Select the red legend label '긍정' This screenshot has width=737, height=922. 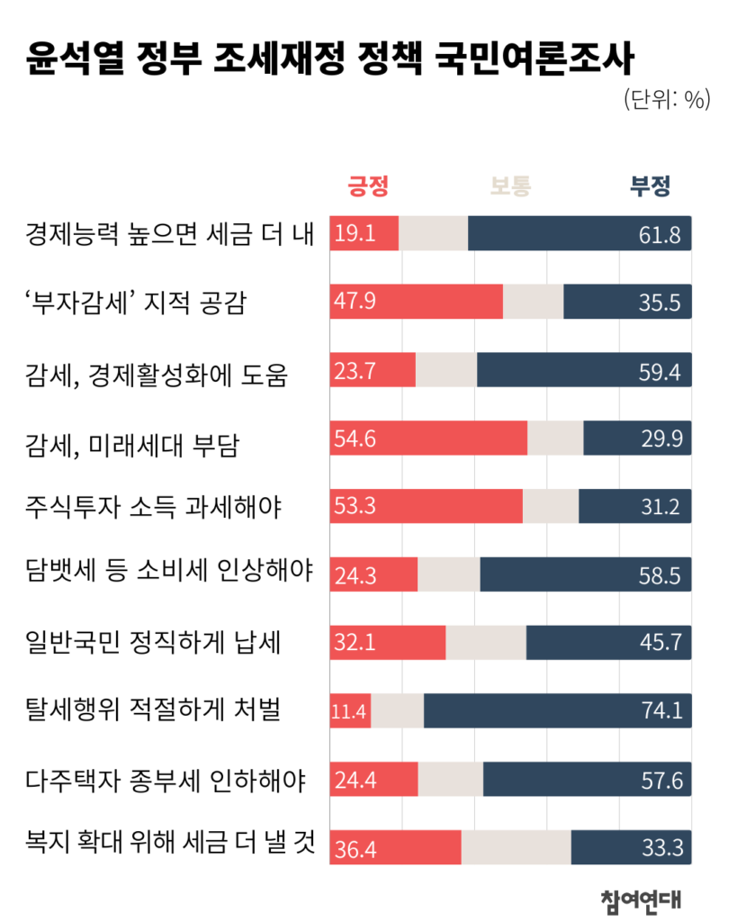click(368, 186)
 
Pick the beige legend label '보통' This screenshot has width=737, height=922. click(510, 186)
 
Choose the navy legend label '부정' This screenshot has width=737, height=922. click(650, 186)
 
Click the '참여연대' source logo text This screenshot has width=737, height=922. click(641, 898)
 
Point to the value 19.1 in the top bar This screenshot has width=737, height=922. click(354, 235)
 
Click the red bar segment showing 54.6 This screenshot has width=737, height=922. click(428, 438)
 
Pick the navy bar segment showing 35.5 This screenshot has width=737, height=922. click(627, 302)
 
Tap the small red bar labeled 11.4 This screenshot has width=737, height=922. click(351, 711)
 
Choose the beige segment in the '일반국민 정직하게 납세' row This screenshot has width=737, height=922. click(486, 643)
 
